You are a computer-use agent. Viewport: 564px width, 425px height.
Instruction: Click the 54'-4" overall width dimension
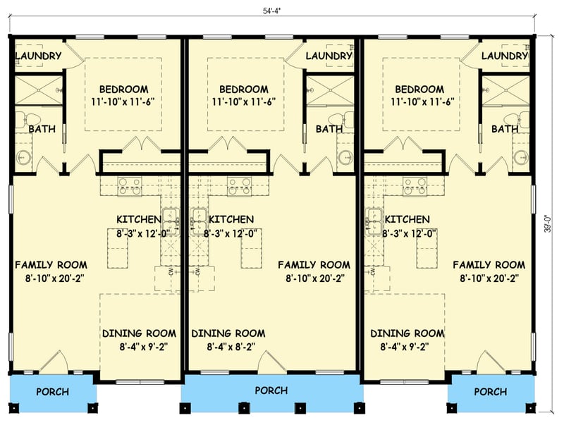(x=281, y=11)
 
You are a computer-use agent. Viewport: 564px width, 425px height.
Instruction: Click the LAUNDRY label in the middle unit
(x=329, y=56)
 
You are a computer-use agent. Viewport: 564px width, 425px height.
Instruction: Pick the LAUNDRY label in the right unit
(x=504, y=56)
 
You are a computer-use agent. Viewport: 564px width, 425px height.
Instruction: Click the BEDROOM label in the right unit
(x=419, y=90)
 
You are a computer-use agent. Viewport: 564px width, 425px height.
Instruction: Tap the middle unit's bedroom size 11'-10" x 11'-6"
(x=243, y=102)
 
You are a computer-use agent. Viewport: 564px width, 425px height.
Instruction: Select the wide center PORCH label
(x=271, y=390)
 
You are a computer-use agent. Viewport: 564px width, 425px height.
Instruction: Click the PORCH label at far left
(x=52, y=392)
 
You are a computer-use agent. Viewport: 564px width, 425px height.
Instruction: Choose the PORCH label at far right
(x=490, y=392)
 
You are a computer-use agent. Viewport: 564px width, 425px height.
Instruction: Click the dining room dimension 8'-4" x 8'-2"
(x=228, y=347)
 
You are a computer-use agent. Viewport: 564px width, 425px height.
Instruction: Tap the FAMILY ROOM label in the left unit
(x=51, y=265)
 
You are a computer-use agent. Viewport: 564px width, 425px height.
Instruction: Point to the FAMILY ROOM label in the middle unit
(x=314, y=265)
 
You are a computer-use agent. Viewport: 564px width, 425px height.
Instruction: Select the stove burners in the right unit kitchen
(x=415, y=186)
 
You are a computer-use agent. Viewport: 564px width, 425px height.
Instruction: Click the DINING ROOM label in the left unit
(x=139, y=333)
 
